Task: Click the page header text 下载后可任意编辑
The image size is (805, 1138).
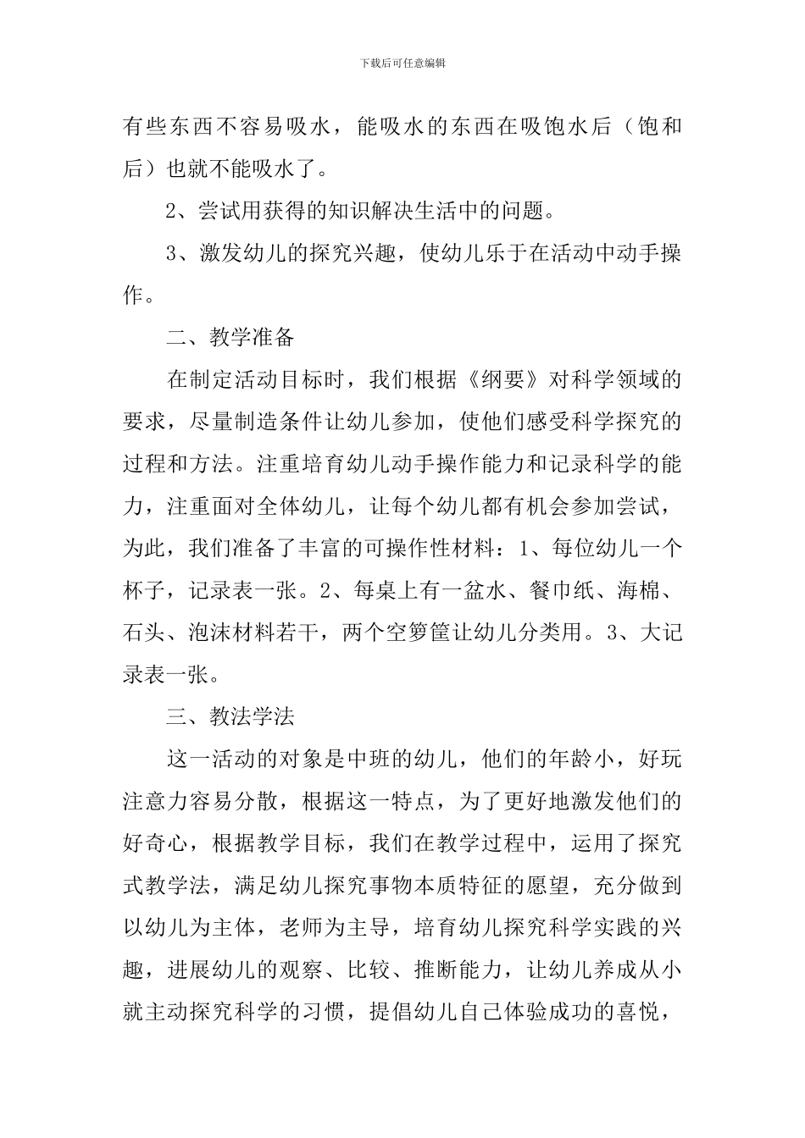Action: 402,63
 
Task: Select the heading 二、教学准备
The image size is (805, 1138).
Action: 230,337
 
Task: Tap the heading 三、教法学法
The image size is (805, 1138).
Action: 230,717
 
